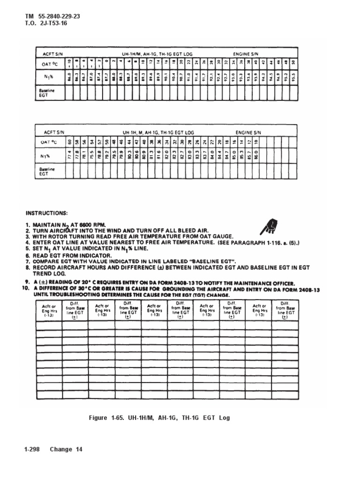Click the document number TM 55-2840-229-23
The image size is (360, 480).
click(52, 16)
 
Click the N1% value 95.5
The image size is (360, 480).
click(293, 76)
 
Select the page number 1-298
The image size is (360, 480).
click(33, 450)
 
